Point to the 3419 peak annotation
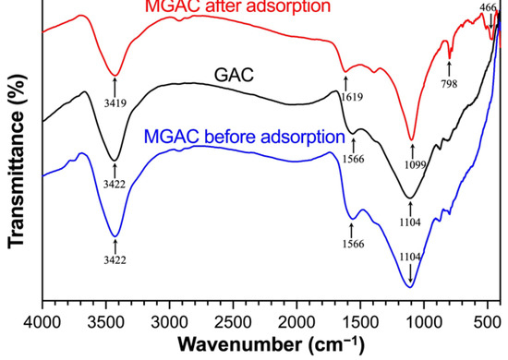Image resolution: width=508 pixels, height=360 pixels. pos(115,93)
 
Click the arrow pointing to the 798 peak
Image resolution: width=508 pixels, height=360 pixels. pos(449,63)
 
